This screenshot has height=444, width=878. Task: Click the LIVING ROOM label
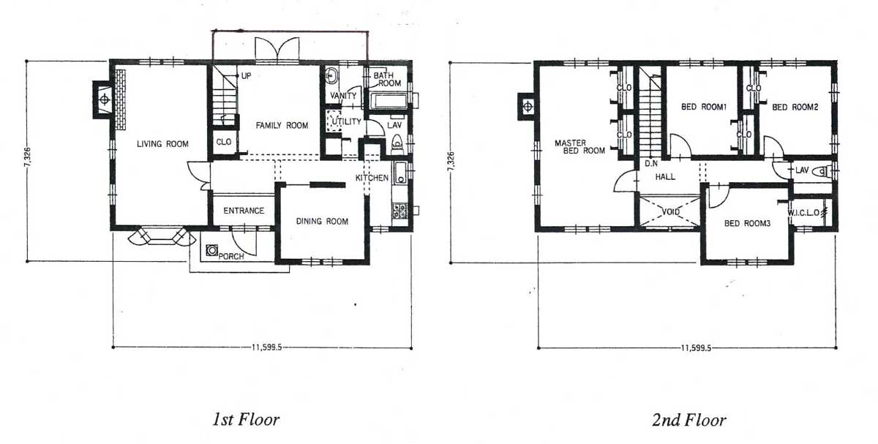pyautogui.click(x=162, y=144)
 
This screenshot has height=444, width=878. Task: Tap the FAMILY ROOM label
pyautogui.click(x=282, y=125)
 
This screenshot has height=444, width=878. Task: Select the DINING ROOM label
pyautogui.click(x=322, y=222)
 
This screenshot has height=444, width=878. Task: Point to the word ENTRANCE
pyautogui.click(x=244, y=211)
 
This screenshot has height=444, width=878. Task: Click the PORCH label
pyautogui.click(x=231, y=256)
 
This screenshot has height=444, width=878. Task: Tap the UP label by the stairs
pyautogui.click(x=246, y=75)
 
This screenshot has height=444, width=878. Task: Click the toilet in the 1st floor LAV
pyautogui.click(x=397, y=143)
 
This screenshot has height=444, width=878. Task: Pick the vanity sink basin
pyautogui.click(x=331, y=75)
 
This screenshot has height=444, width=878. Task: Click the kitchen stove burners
pyautogui.click(x=399, y=211)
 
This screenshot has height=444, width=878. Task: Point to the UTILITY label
pyautogui.click(x=347, y=121)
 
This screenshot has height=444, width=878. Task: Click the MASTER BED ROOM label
pyautogui.click(x=579, y=146)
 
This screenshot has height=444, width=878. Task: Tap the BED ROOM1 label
pyautogui.click(x=704, y=107)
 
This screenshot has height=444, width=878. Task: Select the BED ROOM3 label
pyautogui.click(x=748, y=223)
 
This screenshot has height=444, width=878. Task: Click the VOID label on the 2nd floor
pyautogui.click(x=671, y=212)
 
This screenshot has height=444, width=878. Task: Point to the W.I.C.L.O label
pyautogui.click(x=803, y=213)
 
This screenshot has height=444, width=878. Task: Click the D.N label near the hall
pyautogui.click(x=651, y=163)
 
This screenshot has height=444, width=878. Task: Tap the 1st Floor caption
pyautogui.click(x=246, y=419)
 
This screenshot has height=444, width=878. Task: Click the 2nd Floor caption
pyautogui.click(x=688, y=420)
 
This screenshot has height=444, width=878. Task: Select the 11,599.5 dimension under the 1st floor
pyautogui.click(x=266, y=347)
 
